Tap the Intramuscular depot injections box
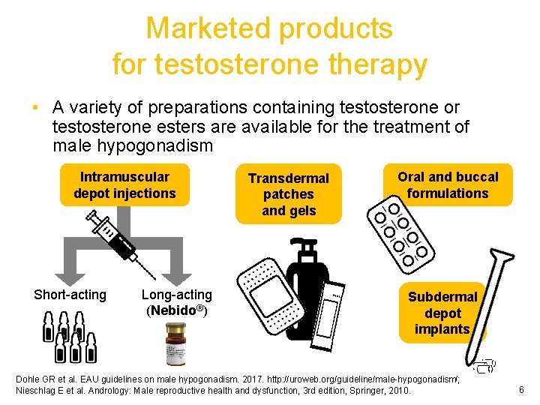(x=124, y=185)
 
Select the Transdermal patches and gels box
(x=289, y=194)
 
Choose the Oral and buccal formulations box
(x=448, y=185)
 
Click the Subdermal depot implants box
(x=442, y=313)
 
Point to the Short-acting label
(x=70, y=295)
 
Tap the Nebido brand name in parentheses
(x=179, y=310)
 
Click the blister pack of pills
(x=399, y=232)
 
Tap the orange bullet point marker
(x=36, y=109)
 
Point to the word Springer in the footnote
(x=365, y=391)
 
